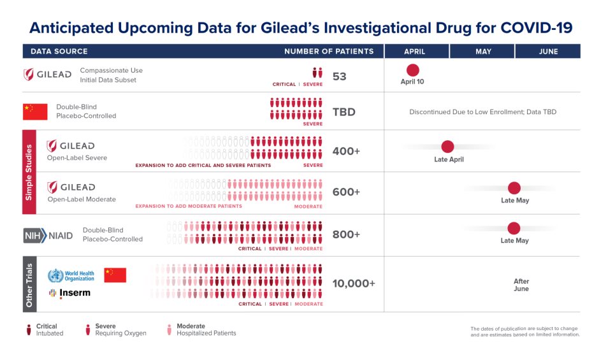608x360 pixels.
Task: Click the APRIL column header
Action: coord(416,52)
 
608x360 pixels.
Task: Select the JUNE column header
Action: coord(547,52)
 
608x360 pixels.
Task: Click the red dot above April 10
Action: coord(412,70)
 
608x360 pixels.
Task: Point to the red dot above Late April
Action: coord(447,147)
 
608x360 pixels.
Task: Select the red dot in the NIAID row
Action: coord(514,228)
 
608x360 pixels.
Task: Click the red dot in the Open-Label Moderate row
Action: coord(514,188)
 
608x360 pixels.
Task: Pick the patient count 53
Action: coord(340,76)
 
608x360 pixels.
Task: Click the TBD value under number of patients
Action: coord(344,112)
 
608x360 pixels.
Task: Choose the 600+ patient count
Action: coord(346,192)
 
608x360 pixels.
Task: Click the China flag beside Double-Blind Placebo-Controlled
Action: coord(36,112)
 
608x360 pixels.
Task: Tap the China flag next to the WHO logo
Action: coord(115,275)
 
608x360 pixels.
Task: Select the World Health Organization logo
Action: coord(71,276)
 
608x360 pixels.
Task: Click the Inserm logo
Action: coord(69,293)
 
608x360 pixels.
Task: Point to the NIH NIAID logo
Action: coord(48,235)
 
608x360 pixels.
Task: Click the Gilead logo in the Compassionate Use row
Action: coord(48,75)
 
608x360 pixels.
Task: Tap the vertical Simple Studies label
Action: coord(29,172)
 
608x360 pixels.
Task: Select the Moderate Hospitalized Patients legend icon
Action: coord(169,329)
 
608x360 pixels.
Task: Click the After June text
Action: coord(521,285)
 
